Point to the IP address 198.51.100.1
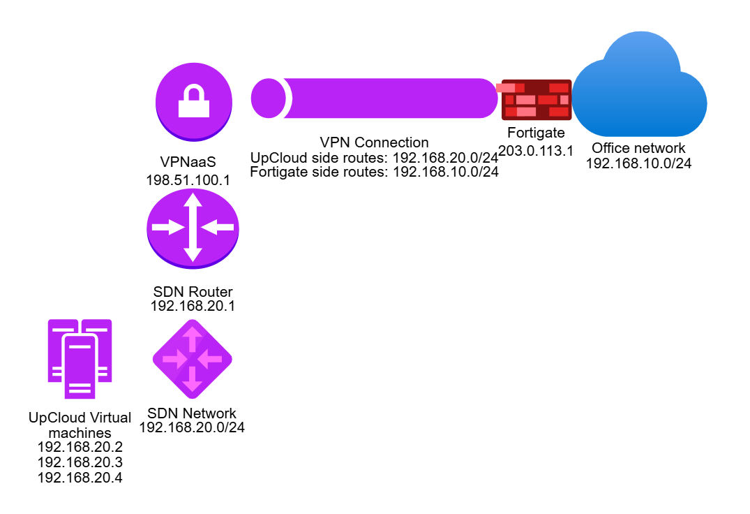click(x=188, y=180)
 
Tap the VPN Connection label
click(x=374, y=143)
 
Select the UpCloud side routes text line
click(x=374, y=158)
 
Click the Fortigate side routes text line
click(x=374, y=172)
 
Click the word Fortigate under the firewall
click(x=536, y=133)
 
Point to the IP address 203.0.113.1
click(x=536, y=149)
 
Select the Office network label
click(x=638, y=148)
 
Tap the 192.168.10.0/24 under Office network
click(x=638, y=163)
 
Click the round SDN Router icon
click(x=193, y=228)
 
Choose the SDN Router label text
click(x=193, y=291)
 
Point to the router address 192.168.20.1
click(x=193, y=305)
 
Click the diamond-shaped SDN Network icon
click(x=193, y=358)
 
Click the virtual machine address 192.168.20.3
click(x=80, y=462)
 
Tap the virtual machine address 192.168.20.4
click(x=80, y=478)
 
